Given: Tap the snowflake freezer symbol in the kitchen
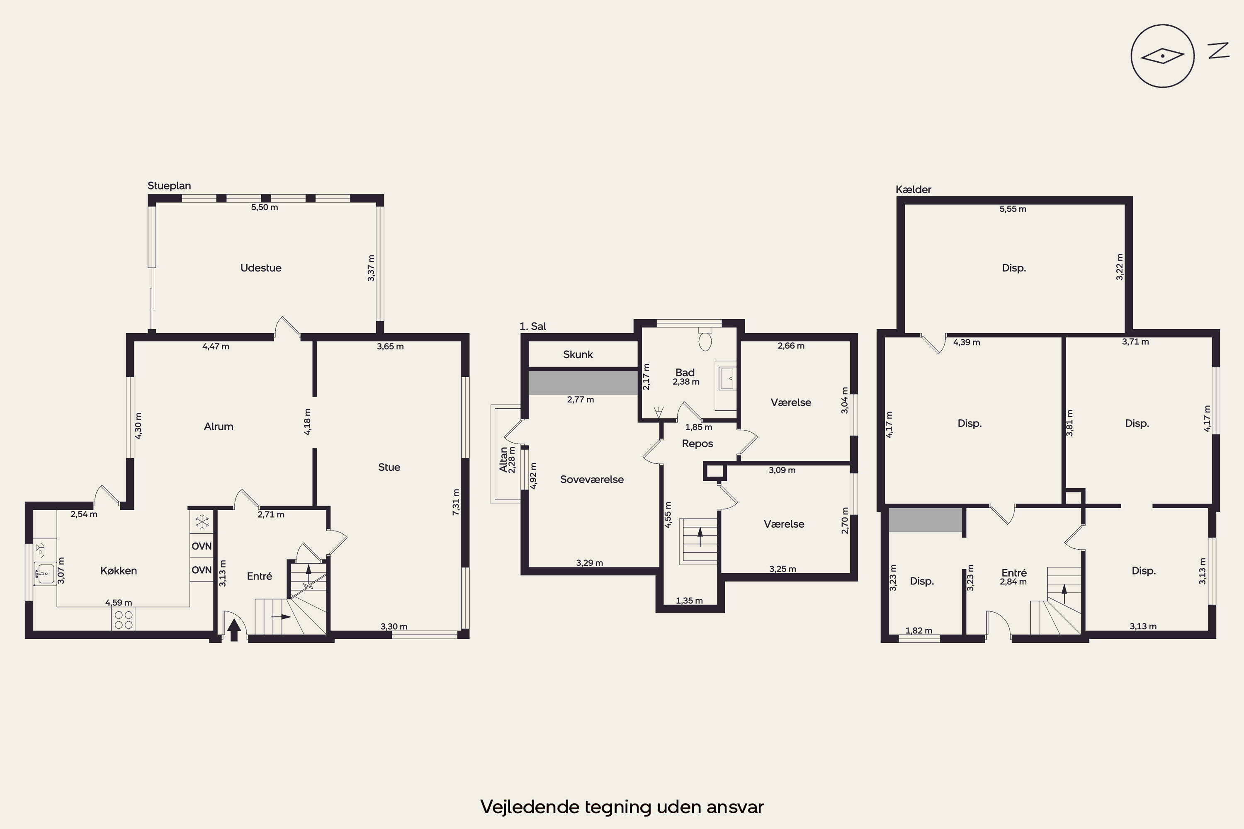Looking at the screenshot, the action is (202, 522).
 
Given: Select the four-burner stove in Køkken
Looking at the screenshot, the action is (123, 619).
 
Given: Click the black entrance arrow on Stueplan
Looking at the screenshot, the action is (234, 630).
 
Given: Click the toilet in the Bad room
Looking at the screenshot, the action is (705, 339).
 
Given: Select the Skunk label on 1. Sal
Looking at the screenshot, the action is (578, 354).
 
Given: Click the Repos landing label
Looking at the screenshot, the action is (697, 444).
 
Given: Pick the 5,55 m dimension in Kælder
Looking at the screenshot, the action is (1013, 209).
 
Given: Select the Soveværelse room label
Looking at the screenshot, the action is (592, 480).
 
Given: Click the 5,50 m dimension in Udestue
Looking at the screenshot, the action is (265, 207).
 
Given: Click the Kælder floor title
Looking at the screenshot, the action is (914, 189).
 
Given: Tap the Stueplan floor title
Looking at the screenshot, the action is (169, 186).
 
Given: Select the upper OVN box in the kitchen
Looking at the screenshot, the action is (202, 546).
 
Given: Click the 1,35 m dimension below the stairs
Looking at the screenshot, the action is (689, 601).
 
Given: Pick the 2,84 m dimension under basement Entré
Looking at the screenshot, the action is (1013, 582).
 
